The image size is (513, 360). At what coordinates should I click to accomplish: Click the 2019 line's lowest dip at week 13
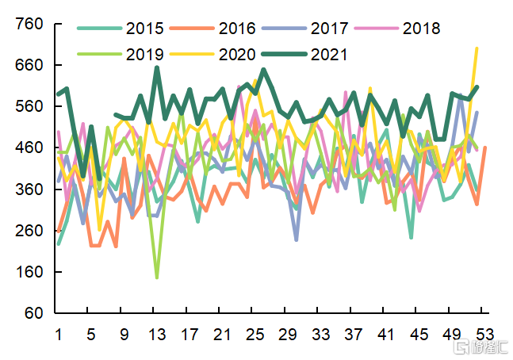click(x=157, y=278)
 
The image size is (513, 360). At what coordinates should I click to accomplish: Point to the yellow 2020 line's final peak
click(x=477, y=48)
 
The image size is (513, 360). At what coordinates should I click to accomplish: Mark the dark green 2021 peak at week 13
click(x=157, y=67)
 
